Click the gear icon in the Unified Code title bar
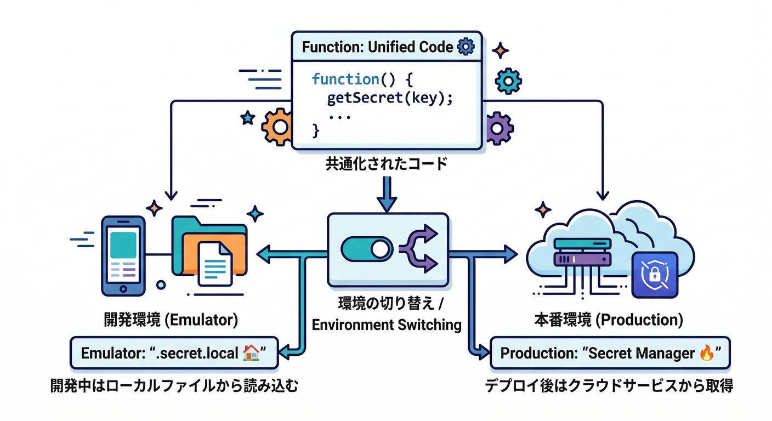click(x=465, y=47)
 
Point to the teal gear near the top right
click(x=508, y=81)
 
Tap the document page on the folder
click(x=214, y=264)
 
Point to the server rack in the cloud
click(x=582, y=253)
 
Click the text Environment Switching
click(x=387, y=324)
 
